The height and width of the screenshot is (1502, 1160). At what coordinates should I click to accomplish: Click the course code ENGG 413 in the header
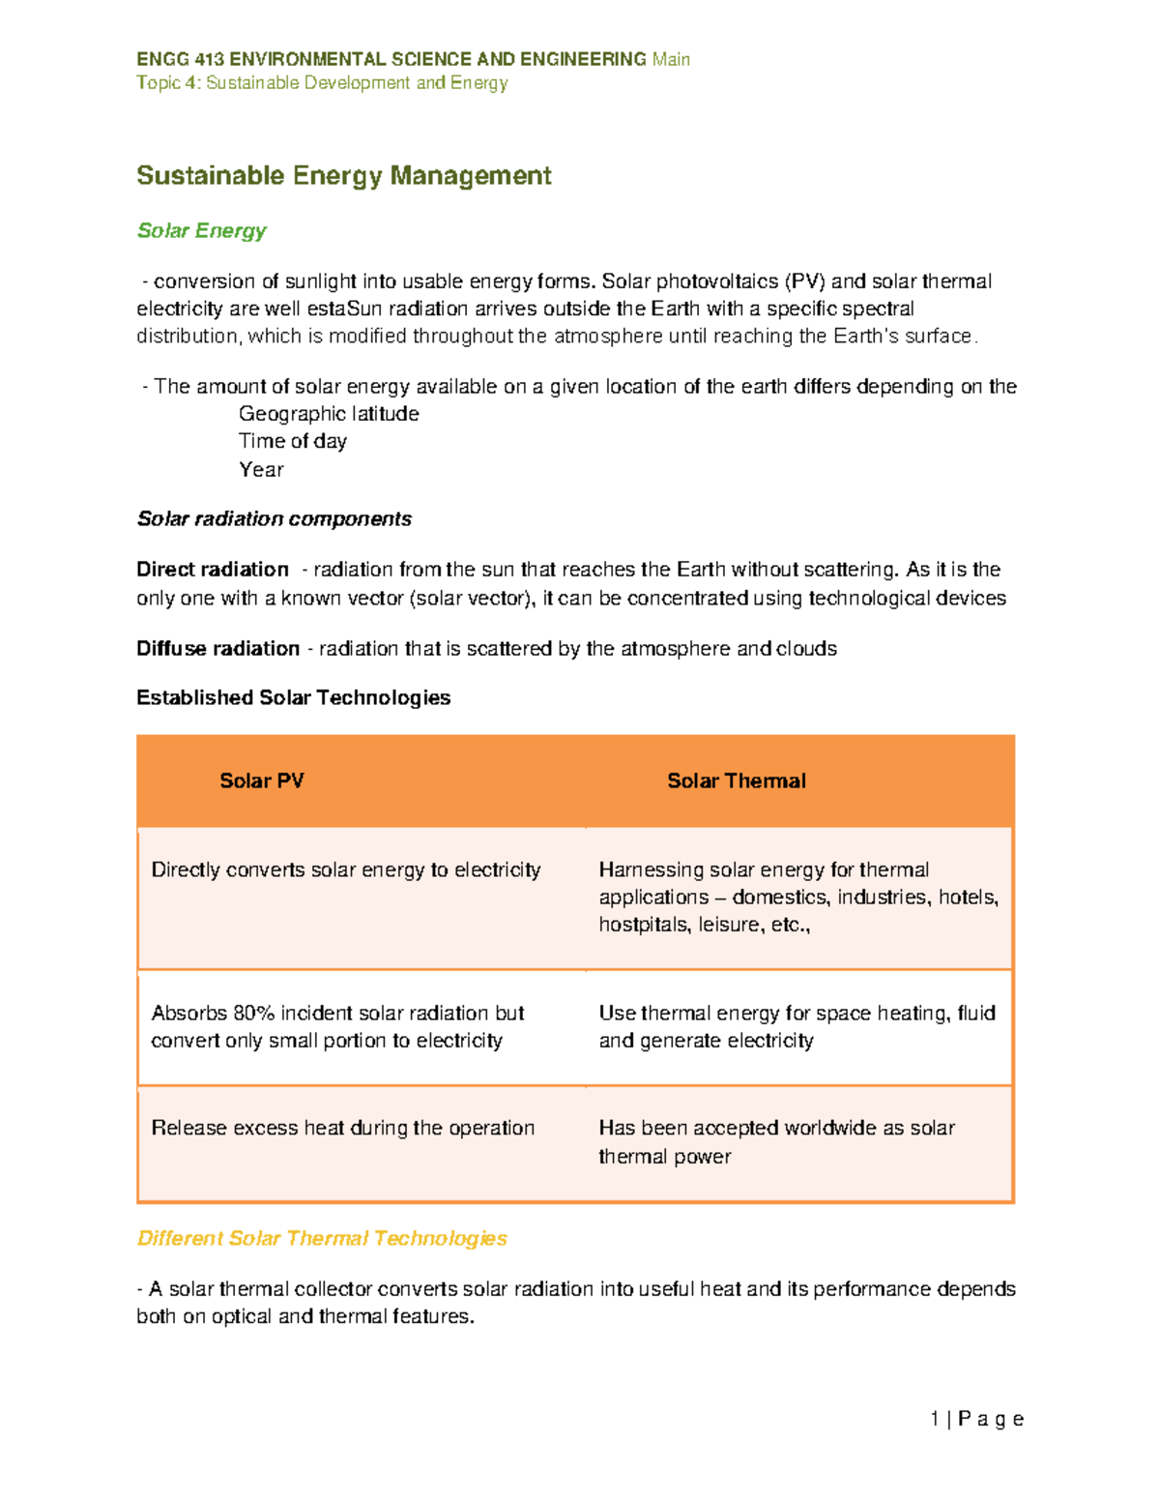(x=180, y=60)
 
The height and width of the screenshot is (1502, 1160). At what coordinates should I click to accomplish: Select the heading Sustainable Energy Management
(x=343, y=176)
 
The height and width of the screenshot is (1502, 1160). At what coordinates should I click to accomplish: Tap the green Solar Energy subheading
(x=201, y=231)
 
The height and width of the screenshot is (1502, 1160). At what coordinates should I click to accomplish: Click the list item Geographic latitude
(x=329, y=414)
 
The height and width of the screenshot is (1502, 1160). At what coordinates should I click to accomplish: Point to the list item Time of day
(x=292, y=441)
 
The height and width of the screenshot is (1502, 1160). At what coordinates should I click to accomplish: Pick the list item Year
(x=261, y=470)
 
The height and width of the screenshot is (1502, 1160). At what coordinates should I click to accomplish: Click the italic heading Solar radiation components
(x=274, y=519)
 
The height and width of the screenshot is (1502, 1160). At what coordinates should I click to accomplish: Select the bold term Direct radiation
(x=213, y=570)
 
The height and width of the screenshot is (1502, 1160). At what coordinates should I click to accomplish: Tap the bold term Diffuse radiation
(x=217, y=649)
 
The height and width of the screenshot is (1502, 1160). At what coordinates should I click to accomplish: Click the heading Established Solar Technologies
(x=293, y=698)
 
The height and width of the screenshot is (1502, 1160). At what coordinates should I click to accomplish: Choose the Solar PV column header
(x=261, y=781)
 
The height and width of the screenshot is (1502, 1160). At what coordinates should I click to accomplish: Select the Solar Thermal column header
(x=736, y=781)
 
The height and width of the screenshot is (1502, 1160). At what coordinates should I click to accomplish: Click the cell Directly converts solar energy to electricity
(x=345, y=870)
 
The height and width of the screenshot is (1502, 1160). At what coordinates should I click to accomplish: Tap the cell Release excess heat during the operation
(x=342, y=1129)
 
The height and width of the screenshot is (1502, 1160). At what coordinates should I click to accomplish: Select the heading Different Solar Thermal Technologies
(x=322, y=1239)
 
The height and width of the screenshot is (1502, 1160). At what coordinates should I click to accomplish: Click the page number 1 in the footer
(x=935, y=1419)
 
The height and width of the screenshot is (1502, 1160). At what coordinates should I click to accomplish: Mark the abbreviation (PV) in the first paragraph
(x=804, y=282)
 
